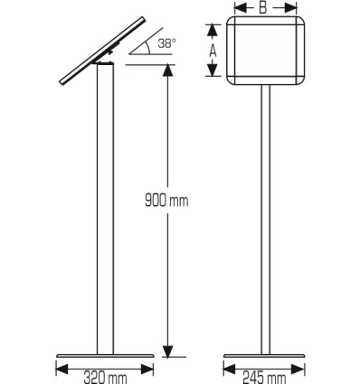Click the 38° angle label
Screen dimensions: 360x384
pos(166,43)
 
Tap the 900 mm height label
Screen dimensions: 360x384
pos(166,201)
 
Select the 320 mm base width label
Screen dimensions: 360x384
pos(105,378)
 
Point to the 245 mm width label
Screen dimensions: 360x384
pos(264,378)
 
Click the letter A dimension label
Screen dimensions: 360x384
pos(213,51)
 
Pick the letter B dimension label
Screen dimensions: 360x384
pos(263,8)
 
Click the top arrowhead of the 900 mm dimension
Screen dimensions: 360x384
pos(168,70)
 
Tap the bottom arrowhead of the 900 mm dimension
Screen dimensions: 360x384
pos(168,351)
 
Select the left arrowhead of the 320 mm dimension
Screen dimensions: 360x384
pos(62,369)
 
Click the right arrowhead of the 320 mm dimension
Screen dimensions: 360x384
pos(147,369)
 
